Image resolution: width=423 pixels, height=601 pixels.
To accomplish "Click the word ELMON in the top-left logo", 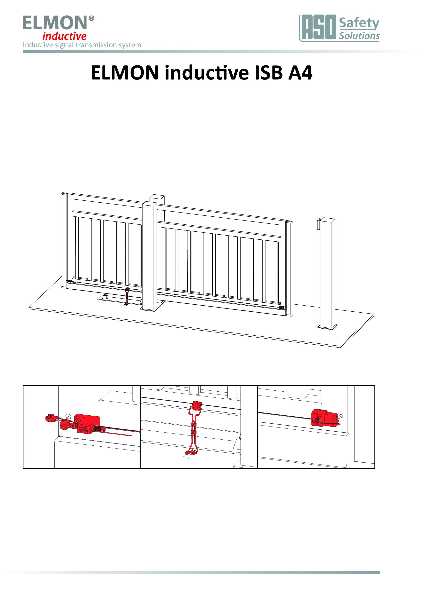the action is pos(55,23).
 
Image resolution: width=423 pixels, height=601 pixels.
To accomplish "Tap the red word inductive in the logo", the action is pos(64,36).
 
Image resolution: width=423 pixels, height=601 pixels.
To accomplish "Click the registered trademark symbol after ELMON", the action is pos(91,18).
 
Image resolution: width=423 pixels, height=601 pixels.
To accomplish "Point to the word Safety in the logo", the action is pos(359,24).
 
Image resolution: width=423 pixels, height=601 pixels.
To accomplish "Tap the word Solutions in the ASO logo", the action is pos(359,36).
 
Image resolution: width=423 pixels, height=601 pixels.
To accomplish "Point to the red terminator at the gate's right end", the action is pos(281,307).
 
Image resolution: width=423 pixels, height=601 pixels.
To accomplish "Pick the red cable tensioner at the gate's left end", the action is pos(69,281).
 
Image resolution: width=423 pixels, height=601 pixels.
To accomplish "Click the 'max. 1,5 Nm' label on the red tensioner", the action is pos(83,429).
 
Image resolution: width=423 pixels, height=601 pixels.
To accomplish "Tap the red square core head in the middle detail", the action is pos(197,405).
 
